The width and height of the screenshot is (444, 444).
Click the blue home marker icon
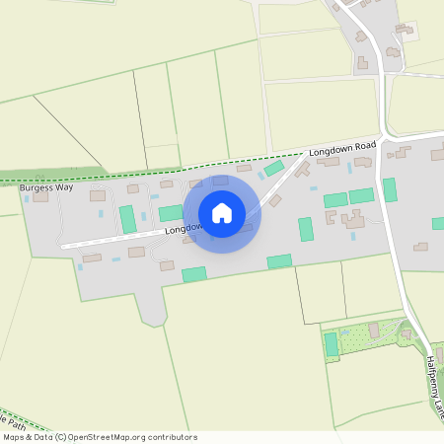[222, 213]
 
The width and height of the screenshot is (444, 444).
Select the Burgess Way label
[46, 186]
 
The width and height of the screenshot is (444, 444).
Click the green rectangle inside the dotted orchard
[332, 344]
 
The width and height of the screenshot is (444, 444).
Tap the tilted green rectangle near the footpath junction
[273, 169]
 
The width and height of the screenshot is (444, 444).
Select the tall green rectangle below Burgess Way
[127, 219]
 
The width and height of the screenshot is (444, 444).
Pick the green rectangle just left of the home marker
[171, 212]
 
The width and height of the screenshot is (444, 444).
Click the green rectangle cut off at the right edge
[438, 223]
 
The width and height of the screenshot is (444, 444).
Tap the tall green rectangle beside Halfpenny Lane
[390, 189]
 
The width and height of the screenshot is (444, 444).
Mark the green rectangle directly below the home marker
[194, 273]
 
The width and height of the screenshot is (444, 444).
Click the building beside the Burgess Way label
[40, 196]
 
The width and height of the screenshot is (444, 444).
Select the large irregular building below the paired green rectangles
[352, 219]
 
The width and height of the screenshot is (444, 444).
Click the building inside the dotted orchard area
[374, 329]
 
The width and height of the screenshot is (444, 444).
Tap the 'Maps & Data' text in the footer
[27, 437]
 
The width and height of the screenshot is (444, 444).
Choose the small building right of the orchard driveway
[406, 333]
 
